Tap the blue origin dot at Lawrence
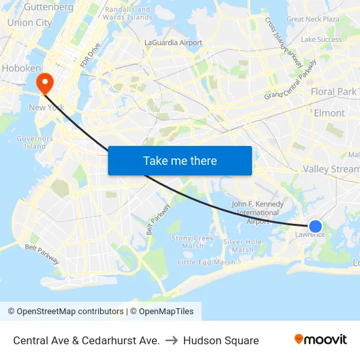[315, 226]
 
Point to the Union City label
[29, 22]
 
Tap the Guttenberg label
[48, 7]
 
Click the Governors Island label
[35, 142]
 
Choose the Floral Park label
[334, 92]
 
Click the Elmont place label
[329, 113]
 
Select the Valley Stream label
[331, 169]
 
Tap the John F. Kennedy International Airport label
[258, 213]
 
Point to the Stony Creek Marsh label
[192, 242]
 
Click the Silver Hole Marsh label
[242, 245]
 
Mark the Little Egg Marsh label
[206, 262]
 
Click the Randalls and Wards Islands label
[128, 13]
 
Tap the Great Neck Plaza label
[313, 19]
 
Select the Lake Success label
[321, 39]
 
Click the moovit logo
[321, 340]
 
